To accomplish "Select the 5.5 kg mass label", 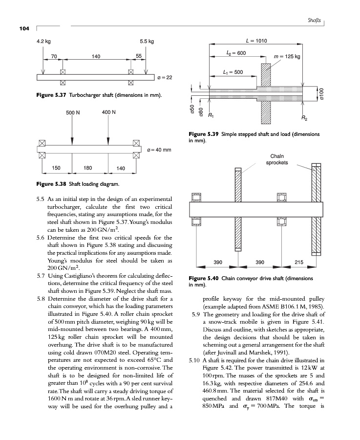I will click(147, 42).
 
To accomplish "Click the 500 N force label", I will click(72, 113).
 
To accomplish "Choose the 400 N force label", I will click(108, 112).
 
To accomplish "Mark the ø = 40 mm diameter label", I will click(159, 149).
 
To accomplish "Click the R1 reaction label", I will click(211, 116).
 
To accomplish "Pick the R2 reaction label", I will click(305, 119).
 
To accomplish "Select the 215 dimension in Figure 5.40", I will click(299, 263).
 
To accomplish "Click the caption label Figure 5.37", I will click(51, 94).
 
